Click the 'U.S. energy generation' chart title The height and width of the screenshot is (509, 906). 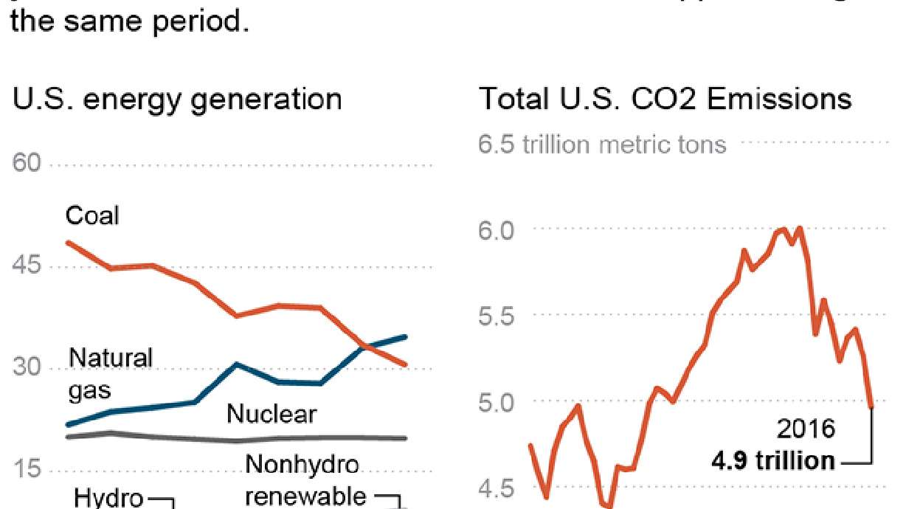(x=178, y=99)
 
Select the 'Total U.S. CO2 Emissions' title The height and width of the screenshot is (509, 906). (x=665, y=99)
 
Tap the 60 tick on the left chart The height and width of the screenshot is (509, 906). (x=28, y=164)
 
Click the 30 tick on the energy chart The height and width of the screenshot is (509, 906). (x=28, y=368)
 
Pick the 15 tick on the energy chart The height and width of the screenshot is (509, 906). (x=28, y=471)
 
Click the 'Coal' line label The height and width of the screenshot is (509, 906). (x=92, y=215)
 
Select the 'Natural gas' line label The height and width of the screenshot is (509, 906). (x=111, y=374)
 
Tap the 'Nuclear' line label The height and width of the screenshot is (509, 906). (x=272, y=415)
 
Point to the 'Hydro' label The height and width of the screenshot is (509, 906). (x=108, y=498)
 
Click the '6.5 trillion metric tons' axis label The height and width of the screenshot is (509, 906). (x=602, y=144)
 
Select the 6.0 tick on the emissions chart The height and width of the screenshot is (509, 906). (x=499, y=229)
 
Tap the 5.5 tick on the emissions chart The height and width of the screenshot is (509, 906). (x=499, y=316)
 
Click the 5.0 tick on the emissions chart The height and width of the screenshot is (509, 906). (x=499, y=402)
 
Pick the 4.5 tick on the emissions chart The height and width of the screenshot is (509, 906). (x=499, y=488)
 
